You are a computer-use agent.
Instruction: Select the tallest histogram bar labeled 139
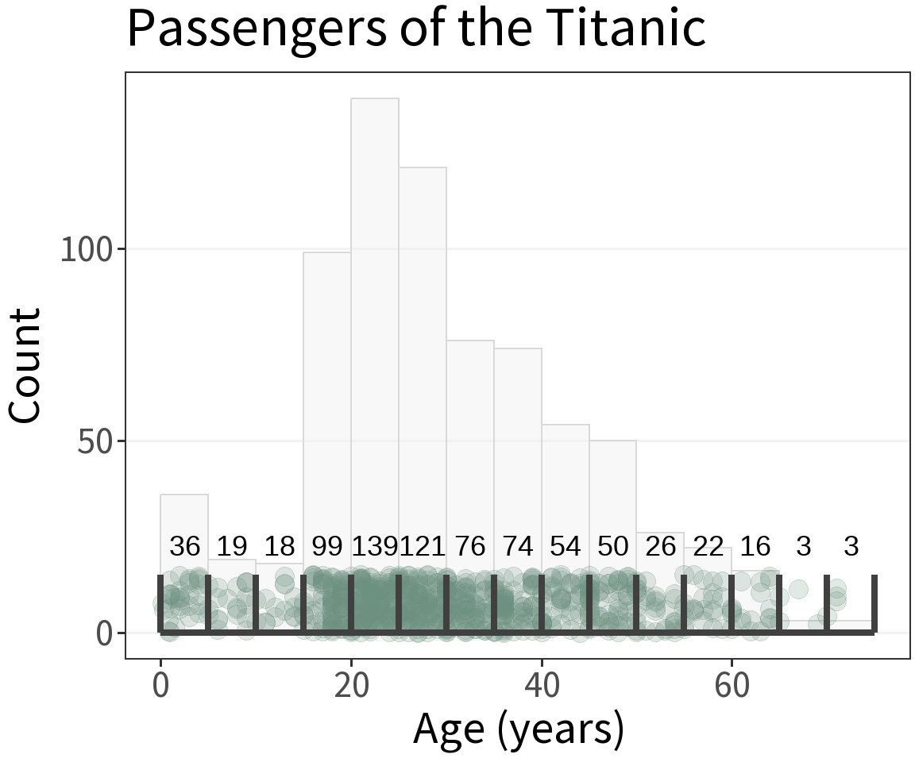(x=375, y=317)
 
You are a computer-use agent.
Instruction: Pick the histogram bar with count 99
(x=327, y=397)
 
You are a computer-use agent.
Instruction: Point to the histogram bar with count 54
(x=566, y=476)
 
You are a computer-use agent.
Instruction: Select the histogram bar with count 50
(x=613, y=484)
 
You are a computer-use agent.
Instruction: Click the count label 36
(x=185, y=546)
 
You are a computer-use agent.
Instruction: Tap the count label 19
(x=232, y=546)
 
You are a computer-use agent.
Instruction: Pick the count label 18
(x=280, y=546)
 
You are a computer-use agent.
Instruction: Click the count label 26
(x=661, y=546)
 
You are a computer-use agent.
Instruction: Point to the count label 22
(x=708, y=546)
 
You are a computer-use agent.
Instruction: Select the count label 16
(x=755, y=546)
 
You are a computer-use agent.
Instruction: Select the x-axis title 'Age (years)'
(x=518, y=729)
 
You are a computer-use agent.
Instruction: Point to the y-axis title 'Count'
(x=25, y=365)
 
